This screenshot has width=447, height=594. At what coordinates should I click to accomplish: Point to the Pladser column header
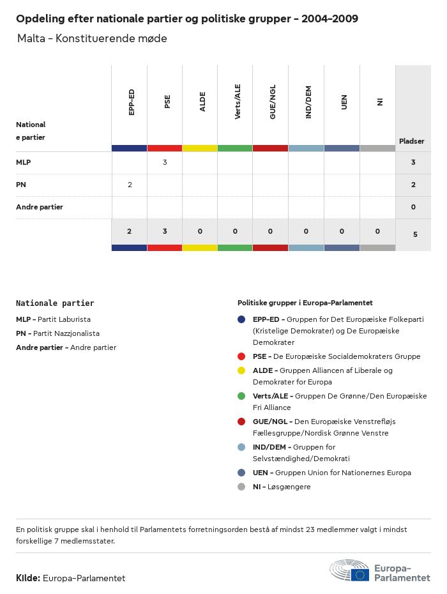click(x=412, y=141)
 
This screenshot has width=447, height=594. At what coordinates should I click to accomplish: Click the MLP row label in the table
click(x=24, y=162)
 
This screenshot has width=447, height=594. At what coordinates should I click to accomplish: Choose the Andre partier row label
click(x=40, y=207)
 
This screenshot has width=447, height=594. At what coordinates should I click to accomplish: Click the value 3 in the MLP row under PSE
click(x=165, y=162)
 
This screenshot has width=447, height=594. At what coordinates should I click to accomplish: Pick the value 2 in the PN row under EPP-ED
click(x=130, y=185)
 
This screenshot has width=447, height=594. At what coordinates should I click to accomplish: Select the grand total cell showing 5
click(x=415, y=234)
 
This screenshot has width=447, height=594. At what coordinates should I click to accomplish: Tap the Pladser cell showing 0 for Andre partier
click(x=413, y=207)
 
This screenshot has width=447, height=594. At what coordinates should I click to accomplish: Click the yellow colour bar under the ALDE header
click(x=200, y=148)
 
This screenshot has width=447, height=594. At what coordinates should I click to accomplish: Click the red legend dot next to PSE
click(x=241, y=356)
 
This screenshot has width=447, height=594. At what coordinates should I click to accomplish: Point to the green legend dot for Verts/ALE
click(x=241, y=396)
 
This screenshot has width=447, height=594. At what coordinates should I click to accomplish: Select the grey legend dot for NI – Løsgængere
click(x=241, y=487)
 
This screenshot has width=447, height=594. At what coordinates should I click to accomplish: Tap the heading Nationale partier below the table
click(x=55, y=303)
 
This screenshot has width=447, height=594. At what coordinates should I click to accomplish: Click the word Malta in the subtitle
click(x=32, y=39)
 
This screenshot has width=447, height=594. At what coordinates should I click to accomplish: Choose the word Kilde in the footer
click(x=28, y=578)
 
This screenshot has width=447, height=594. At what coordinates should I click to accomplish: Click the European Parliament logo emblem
click(x=349, y=570)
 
